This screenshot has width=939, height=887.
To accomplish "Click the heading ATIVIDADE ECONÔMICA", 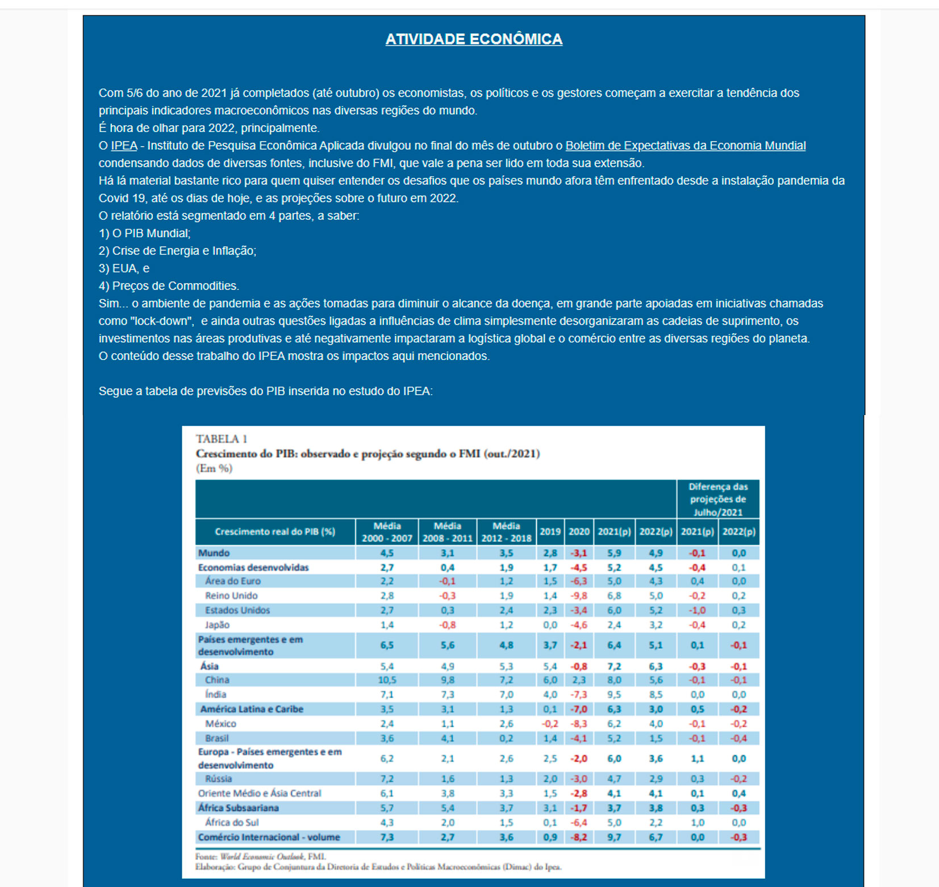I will [474, 39].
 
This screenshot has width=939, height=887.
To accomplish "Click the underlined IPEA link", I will [124, 146].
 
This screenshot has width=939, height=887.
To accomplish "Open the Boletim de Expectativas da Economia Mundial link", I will [685, 146].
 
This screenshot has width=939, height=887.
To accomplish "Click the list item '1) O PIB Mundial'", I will [145, 233].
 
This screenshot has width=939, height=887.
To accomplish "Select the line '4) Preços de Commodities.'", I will [169, 286].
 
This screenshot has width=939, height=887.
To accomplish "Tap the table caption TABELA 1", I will [222, 439].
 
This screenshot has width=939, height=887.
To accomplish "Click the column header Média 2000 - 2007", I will [387, 532].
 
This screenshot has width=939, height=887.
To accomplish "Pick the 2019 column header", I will [550, 532].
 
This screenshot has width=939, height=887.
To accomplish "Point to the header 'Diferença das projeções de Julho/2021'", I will [717, 499].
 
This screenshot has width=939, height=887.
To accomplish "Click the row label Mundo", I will [214, 553].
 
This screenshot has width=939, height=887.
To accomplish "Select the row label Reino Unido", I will [231, 596].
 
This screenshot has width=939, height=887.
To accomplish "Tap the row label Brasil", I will [217, 738].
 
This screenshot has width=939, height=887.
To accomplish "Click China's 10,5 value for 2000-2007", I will [387, 680].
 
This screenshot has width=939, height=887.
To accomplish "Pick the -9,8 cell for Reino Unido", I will [579, 596].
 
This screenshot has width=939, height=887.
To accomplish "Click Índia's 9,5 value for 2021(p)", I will [614, 695].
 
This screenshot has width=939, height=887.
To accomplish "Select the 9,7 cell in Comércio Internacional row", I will [614, 838].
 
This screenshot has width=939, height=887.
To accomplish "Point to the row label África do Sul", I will [232, 823].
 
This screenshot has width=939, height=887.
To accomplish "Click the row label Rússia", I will [219, 779].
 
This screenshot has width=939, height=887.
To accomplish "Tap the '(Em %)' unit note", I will [214, 469].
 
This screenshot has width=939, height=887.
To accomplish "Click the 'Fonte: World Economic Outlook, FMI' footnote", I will [261, 856].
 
